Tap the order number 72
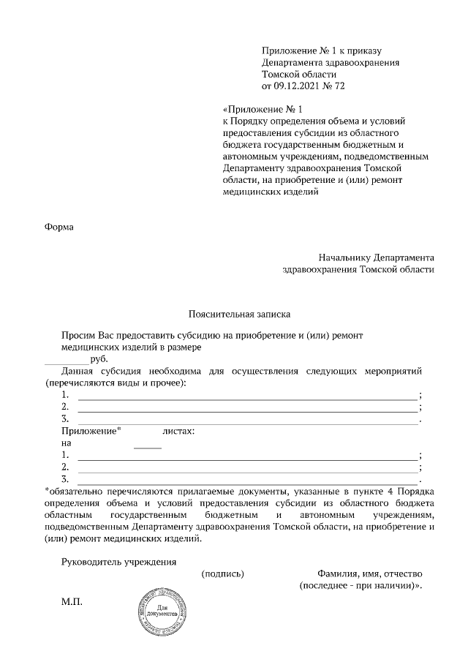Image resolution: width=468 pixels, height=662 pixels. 338,86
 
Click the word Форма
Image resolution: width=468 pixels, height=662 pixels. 59,226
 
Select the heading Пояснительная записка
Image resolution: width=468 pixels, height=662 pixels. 239,315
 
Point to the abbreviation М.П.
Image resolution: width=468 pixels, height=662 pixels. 72,601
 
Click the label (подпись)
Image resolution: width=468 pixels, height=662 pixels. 222,574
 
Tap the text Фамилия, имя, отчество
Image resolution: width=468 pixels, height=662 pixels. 369,574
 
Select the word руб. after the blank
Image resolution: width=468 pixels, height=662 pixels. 98,359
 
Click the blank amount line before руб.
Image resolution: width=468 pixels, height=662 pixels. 67,361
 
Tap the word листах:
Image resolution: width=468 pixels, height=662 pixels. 178,432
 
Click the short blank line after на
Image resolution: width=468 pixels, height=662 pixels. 148,445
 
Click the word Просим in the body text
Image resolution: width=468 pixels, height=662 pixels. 79,334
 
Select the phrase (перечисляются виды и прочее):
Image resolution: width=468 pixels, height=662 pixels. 115,383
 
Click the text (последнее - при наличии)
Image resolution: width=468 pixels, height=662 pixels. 359,586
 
